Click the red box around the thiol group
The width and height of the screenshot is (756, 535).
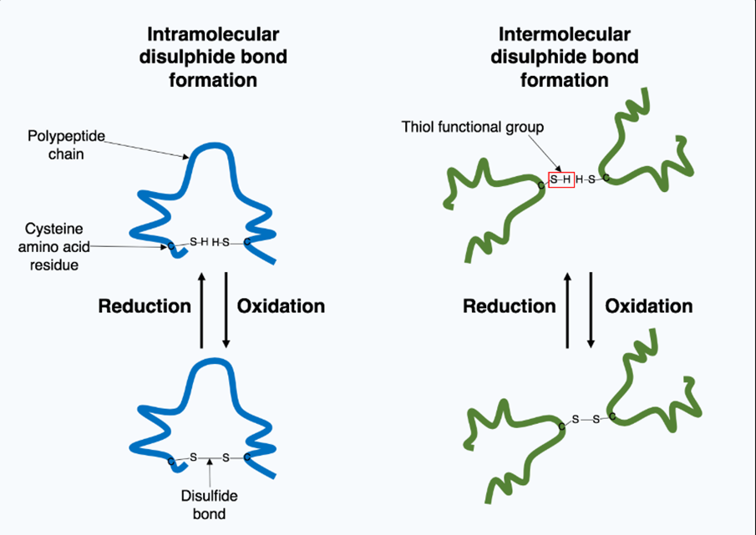click(x=561, y=179)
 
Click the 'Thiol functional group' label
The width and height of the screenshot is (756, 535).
click(x=472, y=127)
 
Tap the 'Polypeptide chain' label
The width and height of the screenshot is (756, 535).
click(x=55, y=143)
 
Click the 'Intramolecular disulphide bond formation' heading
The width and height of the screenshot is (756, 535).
click(x=213, y=58)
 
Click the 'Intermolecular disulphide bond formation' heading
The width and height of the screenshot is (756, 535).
click(x=565, y=58)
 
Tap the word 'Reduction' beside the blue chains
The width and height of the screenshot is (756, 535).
click(x=145, y=306)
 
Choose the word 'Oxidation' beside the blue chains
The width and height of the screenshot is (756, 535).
click(x=281, y=306)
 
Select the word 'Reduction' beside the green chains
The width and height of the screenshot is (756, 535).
click(x=509, y=306)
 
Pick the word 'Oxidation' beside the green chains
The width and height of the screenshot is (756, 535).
click(x=648, y=306)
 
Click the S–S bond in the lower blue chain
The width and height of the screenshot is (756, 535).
click(x=210, y=457)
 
